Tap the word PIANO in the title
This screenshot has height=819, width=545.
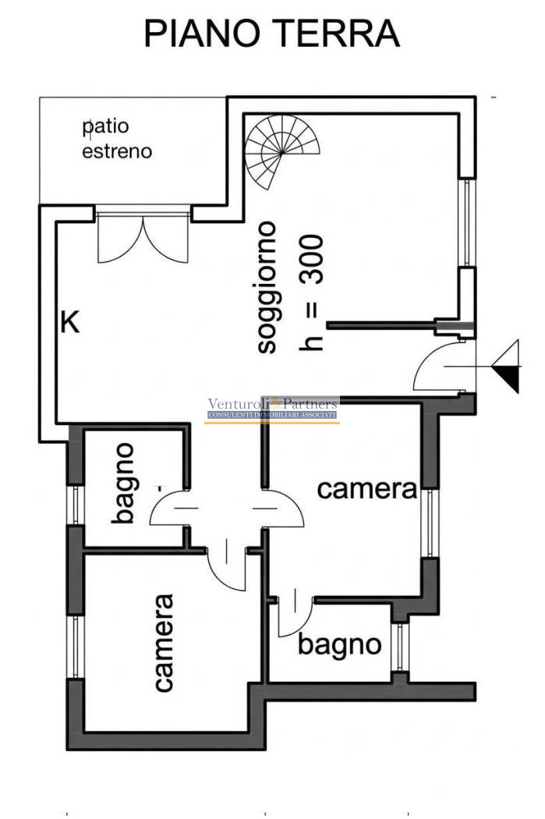[202, 34]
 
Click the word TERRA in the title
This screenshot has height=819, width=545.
[337, 34]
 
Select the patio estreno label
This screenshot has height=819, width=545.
[117, 139]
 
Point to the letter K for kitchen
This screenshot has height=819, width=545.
[70, 322]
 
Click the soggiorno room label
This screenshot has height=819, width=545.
[267, 287]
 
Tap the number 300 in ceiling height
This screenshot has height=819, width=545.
[312, 260]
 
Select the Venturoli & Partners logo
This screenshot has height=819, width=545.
[272, 409]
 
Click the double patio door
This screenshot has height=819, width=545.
[143, 234]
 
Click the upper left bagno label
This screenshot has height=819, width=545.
[124, 483]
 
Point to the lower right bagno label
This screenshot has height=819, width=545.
[339, 646]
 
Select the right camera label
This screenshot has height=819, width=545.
[367, 489]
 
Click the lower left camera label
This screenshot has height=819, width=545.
[164, 643]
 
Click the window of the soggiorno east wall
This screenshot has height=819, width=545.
[467, 223]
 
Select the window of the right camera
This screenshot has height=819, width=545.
[430, 523]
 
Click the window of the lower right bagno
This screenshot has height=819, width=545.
[400, 647]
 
